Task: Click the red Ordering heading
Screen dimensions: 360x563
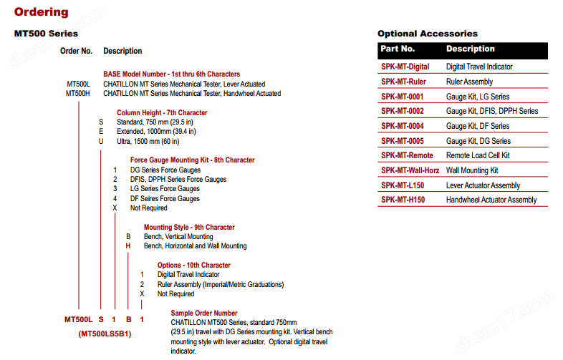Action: (42, 11)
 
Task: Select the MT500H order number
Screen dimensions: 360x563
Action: (78, 93)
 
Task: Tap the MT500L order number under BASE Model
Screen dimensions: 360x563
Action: (78, 84)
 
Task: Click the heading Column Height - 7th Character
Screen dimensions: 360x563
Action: (162, 112)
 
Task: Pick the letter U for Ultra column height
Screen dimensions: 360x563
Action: (101, 141)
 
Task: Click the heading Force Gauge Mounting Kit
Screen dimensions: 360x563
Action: (192, 160)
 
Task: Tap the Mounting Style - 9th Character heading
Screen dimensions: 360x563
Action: (189, 228)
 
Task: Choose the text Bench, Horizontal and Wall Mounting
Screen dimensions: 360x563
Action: (195, 246)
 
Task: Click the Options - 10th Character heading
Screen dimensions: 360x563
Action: (194, 266)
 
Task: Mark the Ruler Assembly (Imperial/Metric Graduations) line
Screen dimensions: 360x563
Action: (220, 284)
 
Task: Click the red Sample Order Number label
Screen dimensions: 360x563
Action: (204, 313)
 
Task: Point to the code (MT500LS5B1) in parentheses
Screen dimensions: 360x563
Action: (105, 334)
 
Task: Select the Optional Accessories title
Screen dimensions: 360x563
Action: (428, 34)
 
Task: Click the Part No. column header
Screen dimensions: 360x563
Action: (398, 49)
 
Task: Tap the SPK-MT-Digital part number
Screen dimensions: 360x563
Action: (405, 67)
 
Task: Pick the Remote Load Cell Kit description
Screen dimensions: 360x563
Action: (478, 155)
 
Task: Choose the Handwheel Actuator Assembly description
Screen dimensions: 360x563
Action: (491, 200)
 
